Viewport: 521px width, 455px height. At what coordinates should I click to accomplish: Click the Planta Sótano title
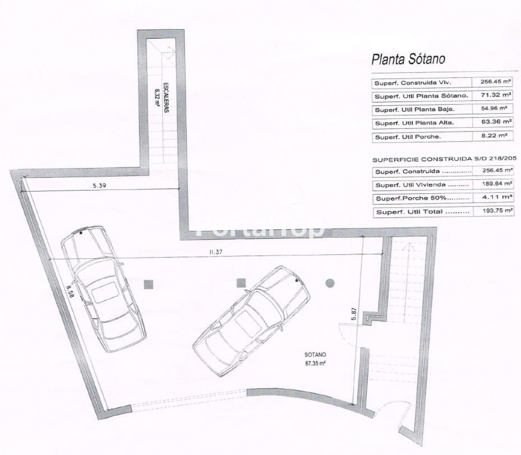(x=408, y=59)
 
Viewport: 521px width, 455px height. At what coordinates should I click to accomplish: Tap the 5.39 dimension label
(x=99, y=185)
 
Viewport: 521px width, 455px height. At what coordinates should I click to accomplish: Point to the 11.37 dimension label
(x=216, y=252)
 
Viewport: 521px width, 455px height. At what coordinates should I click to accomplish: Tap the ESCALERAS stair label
(x=166, y=97)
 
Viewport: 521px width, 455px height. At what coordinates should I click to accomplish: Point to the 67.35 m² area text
(x=315, y=363)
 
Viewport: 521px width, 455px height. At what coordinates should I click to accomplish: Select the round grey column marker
(x=330, y=283)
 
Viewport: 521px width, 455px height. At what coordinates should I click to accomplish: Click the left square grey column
(x=148, y=284)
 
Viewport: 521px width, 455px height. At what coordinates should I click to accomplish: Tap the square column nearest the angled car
(x=241, y=283)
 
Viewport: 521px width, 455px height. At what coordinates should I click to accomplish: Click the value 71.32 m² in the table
(x=496, y=95)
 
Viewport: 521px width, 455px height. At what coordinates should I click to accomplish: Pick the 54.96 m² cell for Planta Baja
(x=494, y=108)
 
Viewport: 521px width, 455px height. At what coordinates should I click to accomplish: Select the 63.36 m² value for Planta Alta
(x=496, y=122)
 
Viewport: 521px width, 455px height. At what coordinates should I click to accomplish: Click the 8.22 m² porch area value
(x=494, y=135)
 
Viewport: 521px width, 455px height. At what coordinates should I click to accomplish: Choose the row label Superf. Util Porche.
(x=408, y=137)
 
